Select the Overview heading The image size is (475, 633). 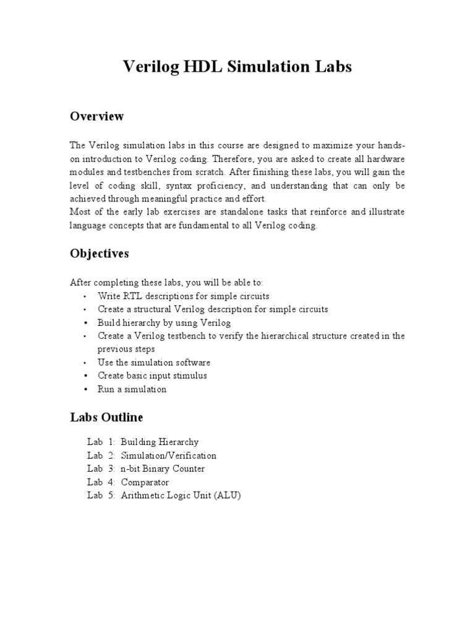tap(96, 116)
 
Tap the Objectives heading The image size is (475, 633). tap(100, 254)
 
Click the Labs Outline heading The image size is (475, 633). tap(106, 417)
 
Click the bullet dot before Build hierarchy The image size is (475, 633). tap(84, 323)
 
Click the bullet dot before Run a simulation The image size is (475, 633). tap(84, 389)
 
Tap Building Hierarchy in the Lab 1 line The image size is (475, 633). tap(160, 442)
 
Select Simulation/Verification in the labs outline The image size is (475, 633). tap(168, 456)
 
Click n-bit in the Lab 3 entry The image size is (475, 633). tap(132, 469)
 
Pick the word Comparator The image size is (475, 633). tap(145, 482)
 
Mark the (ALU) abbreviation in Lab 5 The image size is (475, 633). tap(227, 496)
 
